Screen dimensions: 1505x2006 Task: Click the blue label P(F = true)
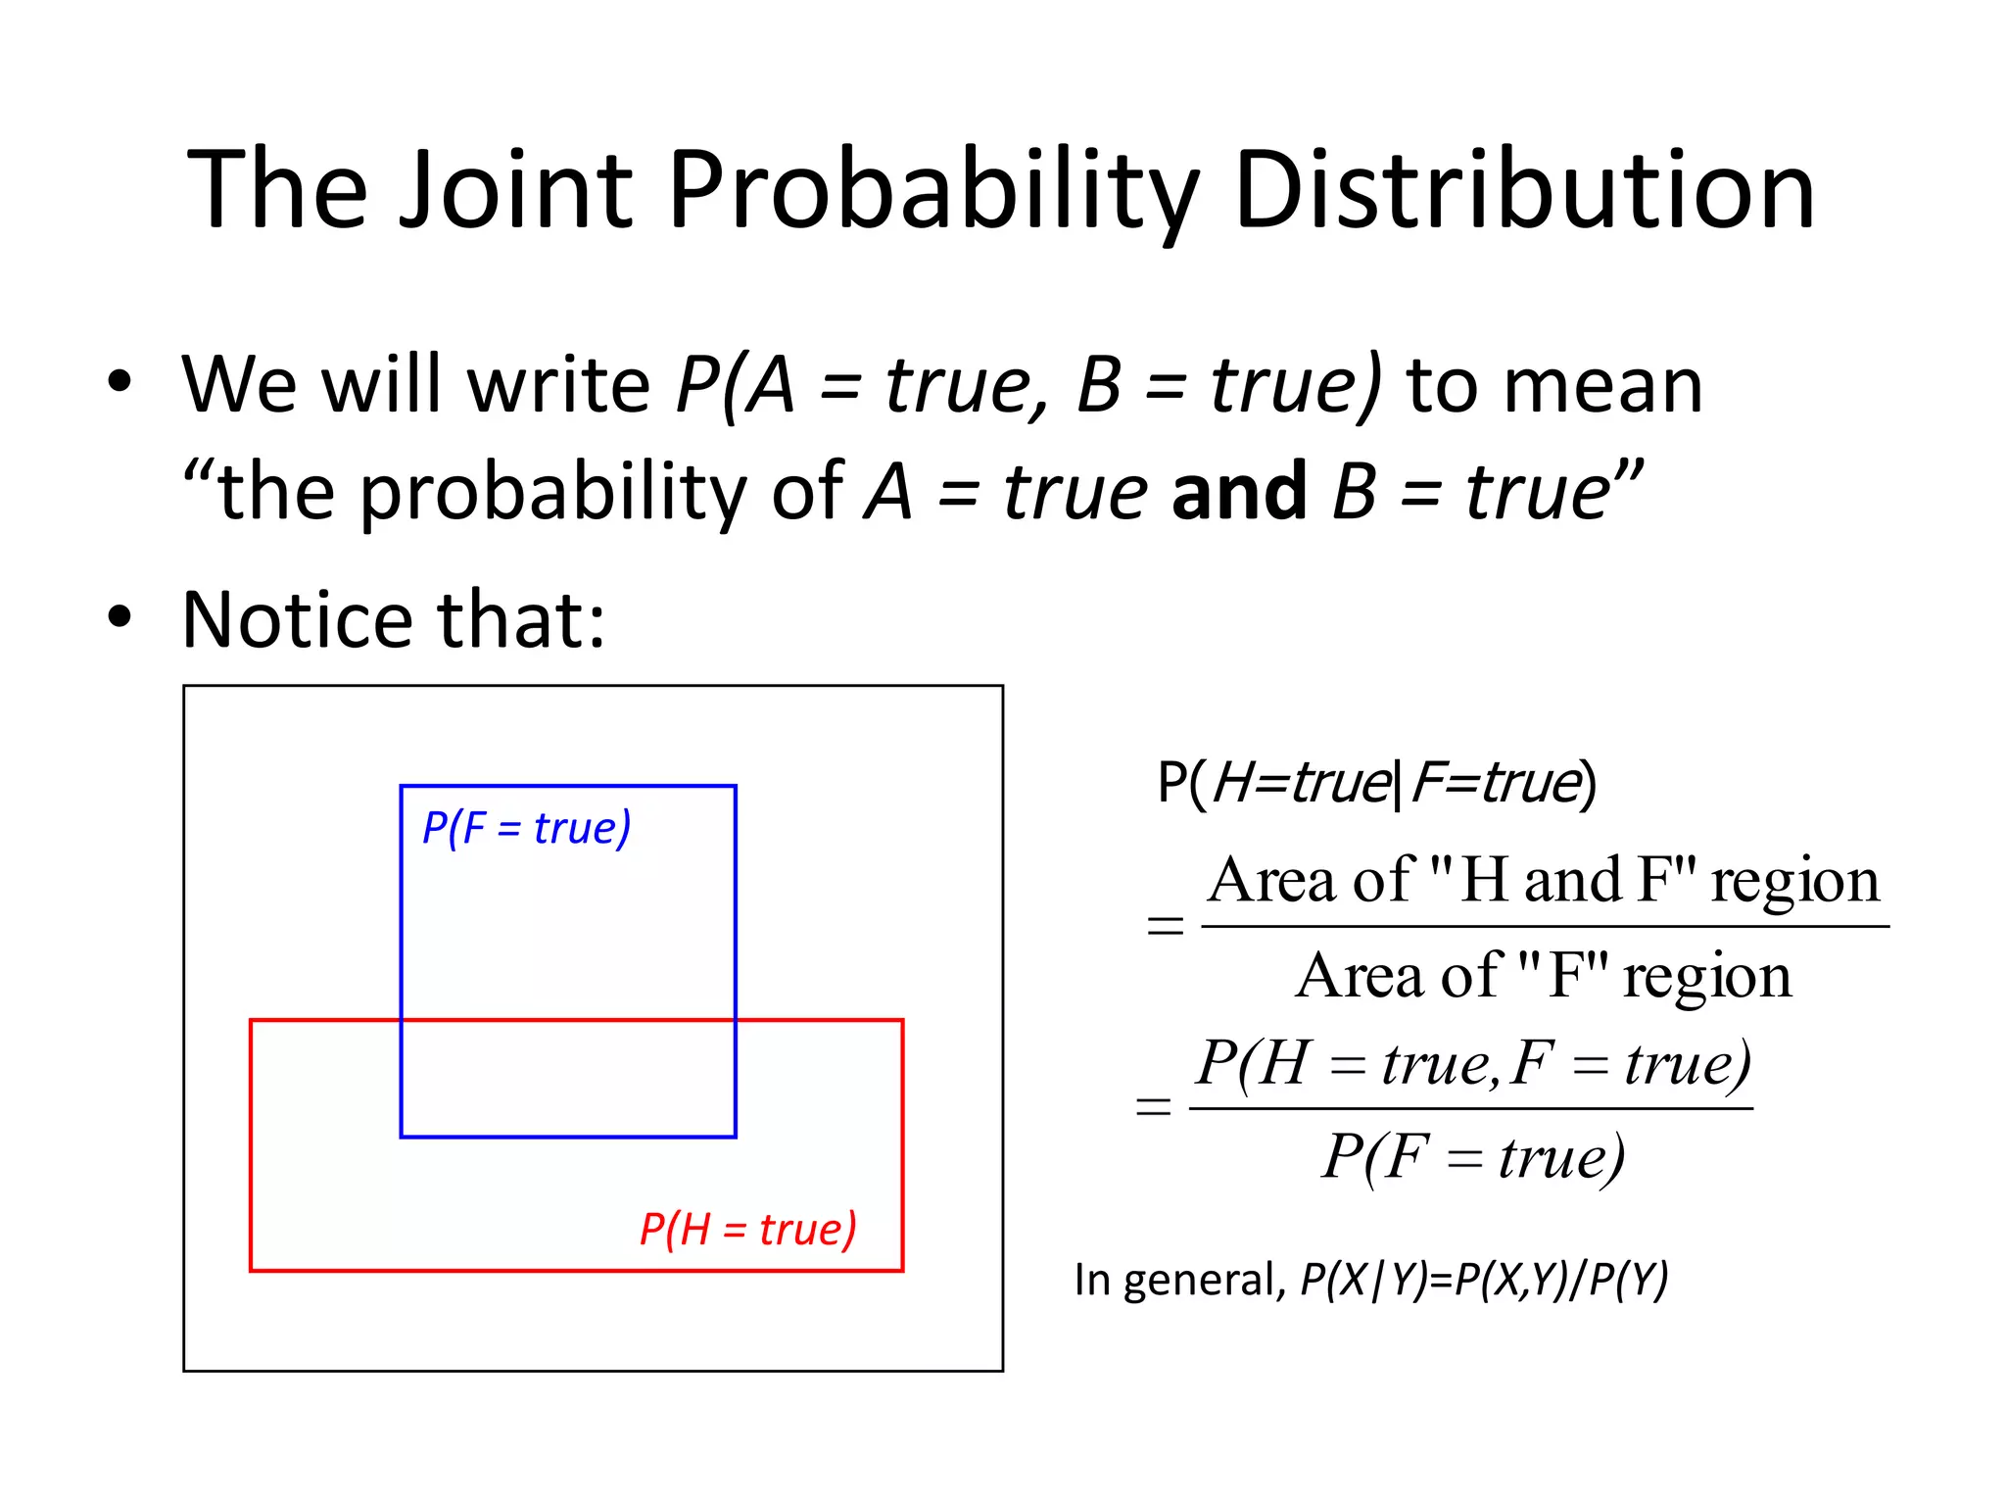(x=526, y=828)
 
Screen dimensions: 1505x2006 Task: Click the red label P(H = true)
(x=748, y=1229)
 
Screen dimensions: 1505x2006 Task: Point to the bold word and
(x=1238, y=490)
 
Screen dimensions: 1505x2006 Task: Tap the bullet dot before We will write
(x=119, y=383)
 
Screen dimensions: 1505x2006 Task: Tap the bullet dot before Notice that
(x=119, y=618)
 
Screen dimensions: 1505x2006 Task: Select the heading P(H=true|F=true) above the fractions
(x=1376, y=783)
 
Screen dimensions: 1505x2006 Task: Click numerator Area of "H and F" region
(x=1544, y=880)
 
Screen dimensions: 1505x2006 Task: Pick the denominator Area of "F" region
(x=1544, y=976)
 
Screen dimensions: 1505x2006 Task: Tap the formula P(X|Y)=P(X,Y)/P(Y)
(x=1483, y=1279)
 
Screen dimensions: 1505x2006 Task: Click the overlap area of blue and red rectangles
(x=568, y=1078)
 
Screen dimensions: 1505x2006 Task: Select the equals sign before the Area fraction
(x=1165, y=925)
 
